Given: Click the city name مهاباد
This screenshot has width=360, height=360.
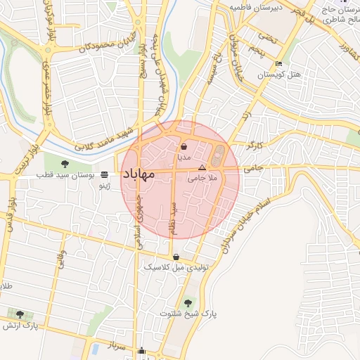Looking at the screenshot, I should click(x=147, y=177).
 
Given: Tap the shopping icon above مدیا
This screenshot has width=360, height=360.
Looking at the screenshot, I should click(x=184, y=147).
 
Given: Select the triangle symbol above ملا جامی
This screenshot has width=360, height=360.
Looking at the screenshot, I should click(x=202, y=168).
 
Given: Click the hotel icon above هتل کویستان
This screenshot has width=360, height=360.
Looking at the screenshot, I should click(x=279, y=64).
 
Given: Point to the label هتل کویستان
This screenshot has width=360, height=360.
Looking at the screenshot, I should click(x=279, y=74).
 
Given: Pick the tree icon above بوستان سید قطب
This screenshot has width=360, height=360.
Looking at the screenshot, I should click(x=65, y=164).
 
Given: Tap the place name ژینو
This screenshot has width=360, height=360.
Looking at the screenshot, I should click(x=104, y=186).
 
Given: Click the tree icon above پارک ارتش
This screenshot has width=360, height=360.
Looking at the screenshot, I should click(x=20, y=314).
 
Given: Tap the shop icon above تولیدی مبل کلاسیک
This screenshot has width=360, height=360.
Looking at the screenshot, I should click(x=175, y=257).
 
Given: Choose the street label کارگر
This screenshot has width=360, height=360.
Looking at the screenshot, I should click(x=254, y=144).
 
